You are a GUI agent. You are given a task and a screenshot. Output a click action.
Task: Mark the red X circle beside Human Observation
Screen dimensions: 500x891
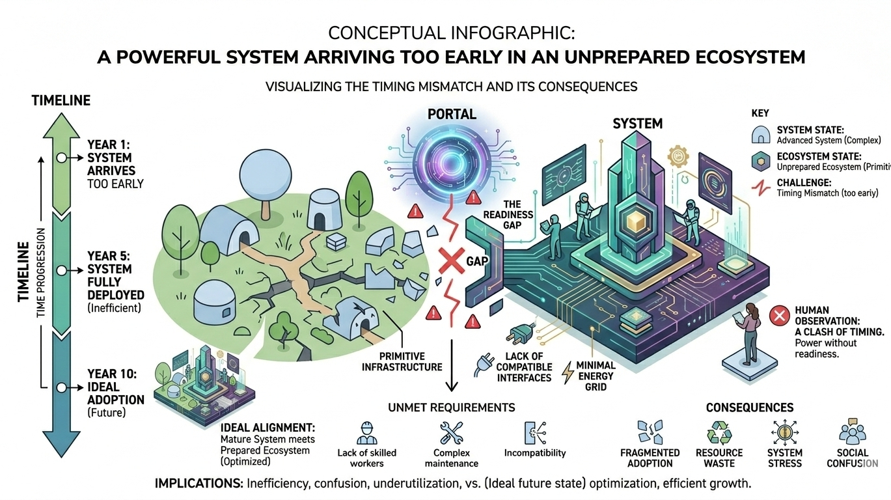778,317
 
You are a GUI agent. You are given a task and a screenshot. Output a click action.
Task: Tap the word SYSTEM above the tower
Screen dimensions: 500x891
637,123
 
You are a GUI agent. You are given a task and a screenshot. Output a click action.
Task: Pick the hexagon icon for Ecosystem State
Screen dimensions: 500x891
760,161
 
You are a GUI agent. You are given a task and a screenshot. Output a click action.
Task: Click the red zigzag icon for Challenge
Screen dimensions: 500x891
760,188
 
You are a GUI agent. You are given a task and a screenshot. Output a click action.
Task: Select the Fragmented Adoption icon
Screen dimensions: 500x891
650,432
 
